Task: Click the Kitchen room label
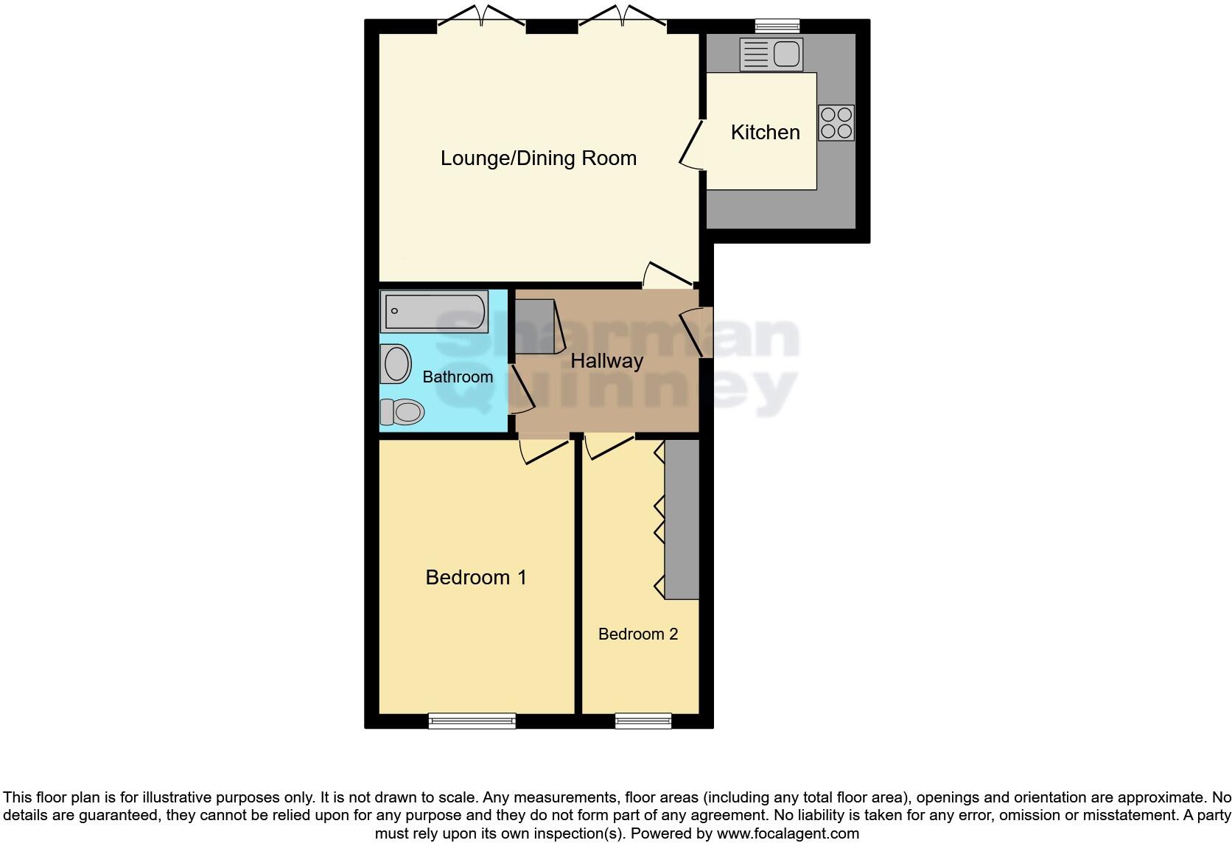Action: click(765, 133)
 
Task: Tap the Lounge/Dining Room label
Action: click(538, 158)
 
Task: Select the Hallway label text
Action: click(606, 361)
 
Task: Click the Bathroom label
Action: click(457, 377)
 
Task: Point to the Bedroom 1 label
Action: click(476, 577)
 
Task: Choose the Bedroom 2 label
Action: click(637, 634)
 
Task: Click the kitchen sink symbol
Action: click(771, 55)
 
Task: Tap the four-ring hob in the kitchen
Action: click(836, 123)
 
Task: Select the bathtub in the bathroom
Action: click(434, 312)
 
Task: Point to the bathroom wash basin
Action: click(396, 364)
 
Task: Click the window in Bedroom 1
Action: click(472, 720)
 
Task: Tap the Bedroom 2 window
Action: click(643, 720)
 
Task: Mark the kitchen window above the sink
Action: click(777, 27)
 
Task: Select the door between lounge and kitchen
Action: click(691, 144)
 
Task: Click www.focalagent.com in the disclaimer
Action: click(788, 833)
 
